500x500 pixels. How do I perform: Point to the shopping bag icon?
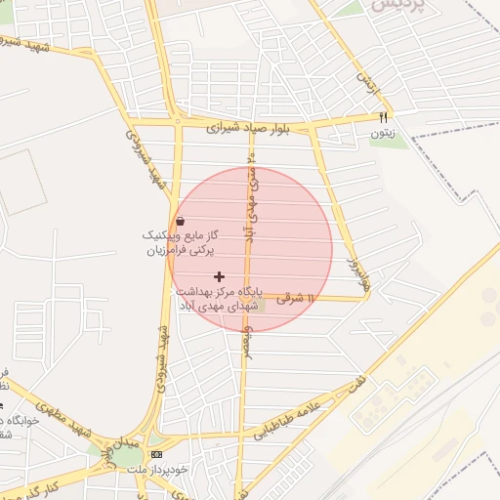180,222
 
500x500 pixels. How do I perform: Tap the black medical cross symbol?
218,277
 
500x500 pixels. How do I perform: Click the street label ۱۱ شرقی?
297,298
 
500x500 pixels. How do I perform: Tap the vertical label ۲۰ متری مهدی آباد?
252,195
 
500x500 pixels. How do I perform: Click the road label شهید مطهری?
53,409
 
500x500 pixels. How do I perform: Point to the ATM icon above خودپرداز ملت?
157,455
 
